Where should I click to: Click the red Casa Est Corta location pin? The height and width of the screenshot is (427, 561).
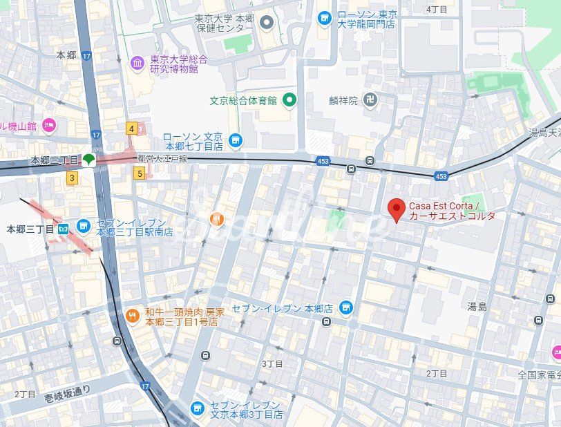[x=396, y=209]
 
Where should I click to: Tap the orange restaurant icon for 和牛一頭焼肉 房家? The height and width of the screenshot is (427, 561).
[x=132, y=316]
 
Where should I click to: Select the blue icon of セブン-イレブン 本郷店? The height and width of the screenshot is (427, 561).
[x=346, y=307]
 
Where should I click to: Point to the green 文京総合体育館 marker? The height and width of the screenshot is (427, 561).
[x=289, y=100]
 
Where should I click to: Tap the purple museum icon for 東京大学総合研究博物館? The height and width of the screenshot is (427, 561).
[x=137, y=64]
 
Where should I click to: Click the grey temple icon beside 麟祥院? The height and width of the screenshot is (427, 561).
[x=370, y=100]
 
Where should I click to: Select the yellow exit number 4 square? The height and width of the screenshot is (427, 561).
[x=131, y=128]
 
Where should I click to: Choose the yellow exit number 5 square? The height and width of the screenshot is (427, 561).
[x=140, y=173]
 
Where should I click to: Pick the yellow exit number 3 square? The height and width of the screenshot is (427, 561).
[x=71, y=178]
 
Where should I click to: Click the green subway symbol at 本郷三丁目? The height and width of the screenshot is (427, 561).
[x=88, y=160]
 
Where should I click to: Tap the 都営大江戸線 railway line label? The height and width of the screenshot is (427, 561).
[x=162, y=158]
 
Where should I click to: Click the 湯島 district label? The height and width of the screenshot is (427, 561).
[x=477, y=305]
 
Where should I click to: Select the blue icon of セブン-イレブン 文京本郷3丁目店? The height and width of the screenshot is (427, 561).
[x=198, y=409]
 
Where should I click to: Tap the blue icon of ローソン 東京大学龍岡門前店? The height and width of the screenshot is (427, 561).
[x=324, y=19]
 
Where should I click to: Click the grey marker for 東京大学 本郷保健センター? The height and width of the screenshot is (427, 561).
[x=267, y=23]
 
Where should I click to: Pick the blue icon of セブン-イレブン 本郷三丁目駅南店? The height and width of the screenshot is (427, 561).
[x=84, y=227]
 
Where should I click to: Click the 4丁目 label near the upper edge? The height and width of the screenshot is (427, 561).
[x=437, y=9]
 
